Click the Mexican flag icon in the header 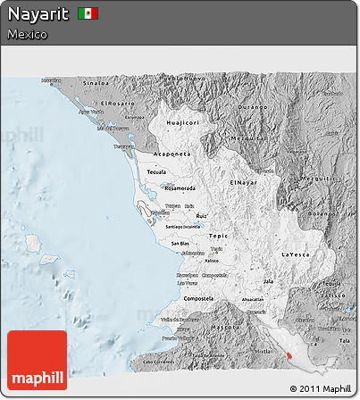click(x=88, y=13)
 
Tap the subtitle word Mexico click(x=27, y=34)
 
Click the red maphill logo click(x=37, y=360)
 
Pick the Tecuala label click(x=157, y=171)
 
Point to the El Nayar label click(x=244, y=182)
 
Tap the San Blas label click(x=179, y=243)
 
